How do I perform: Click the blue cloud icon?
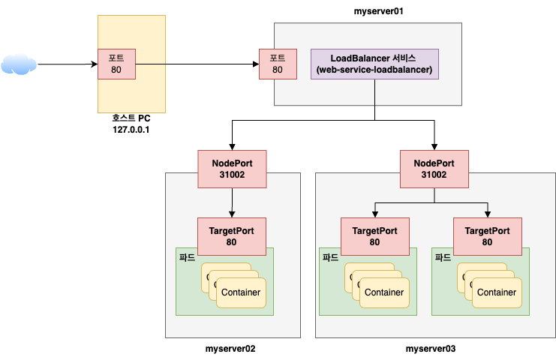[19, 64]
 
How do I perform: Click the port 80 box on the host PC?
[116, 64]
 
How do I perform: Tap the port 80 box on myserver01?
[278, 64]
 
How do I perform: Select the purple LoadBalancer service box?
[374, 64]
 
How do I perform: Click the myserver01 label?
[379, 11]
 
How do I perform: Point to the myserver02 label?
[230, 349]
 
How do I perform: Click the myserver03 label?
[431, 349]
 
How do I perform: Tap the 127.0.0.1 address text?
[133, 130]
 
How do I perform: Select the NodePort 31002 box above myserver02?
[231, 169]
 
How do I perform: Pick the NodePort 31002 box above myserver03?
[434, 169]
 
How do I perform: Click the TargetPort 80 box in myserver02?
[231, 236]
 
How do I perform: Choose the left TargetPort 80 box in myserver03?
[374, 236]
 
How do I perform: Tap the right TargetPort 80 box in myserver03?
[487, 236]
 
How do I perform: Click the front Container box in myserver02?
[240, 292]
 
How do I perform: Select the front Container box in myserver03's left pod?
[383, 292]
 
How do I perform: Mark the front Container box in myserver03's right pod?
[496, 292]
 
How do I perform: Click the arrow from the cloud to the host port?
[68, 64]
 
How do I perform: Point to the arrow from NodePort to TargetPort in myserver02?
[231, 202]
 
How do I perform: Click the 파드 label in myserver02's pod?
[188, 256]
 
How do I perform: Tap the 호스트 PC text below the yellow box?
[132, 118]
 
